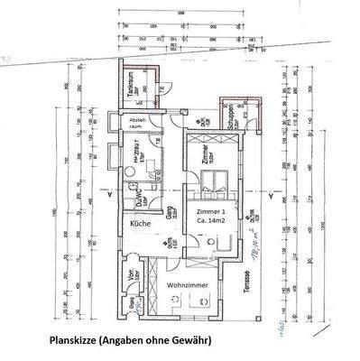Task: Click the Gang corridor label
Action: [168, 213]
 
